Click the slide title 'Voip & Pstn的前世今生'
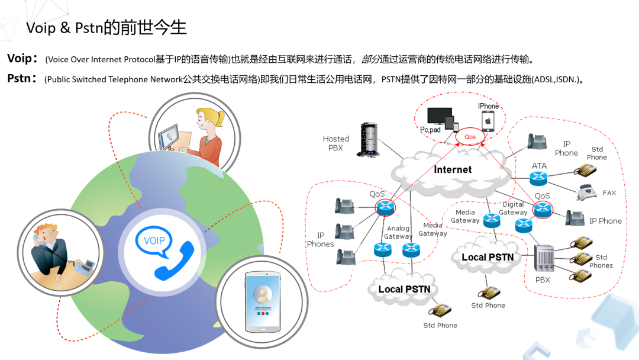[106, 28]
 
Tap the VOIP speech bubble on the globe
[154, 242]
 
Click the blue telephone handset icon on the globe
[174, 261]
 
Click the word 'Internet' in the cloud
[453, 170]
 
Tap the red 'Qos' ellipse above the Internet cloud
[470, 137]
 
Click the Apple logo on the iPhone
[489, 121]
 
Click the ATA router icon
[539, 178]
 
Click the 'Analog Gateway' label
[398, 232]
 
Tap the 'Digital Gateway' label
[513, 208]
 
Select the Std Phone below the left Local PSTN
[440, 310]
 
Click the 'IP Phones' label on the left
[321, 240]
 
